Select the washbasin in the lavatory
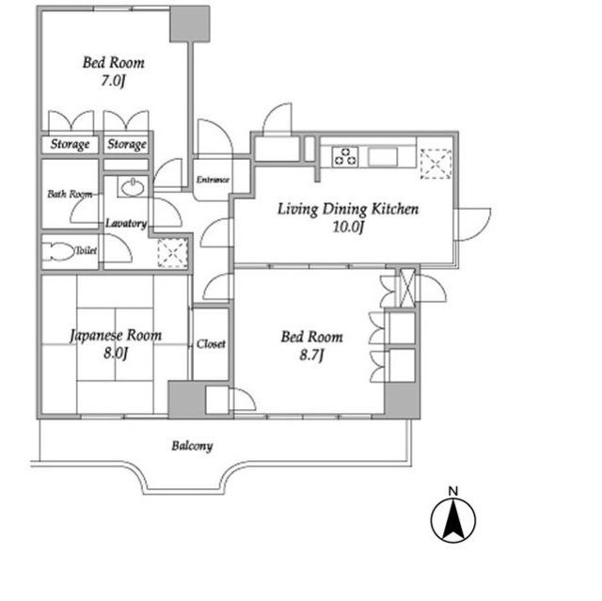133,187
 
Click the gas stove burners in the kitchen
345,156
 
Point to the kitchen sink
383,157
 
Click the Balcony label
192,446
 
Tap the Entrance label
213,180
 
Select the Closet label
211,344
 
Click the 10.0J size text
348,228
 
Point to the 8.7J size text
311,356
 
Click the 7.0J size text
113,81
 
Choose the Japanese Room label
116,336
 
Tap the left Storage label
71,144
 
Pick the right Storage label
127,144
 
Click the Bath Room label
70,194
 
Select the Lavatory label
126,223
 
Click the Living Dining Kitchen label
348,209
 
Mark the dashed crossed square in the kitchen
436,164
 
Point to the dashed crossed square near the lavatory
173,253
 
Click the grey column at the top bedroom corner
190,24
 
